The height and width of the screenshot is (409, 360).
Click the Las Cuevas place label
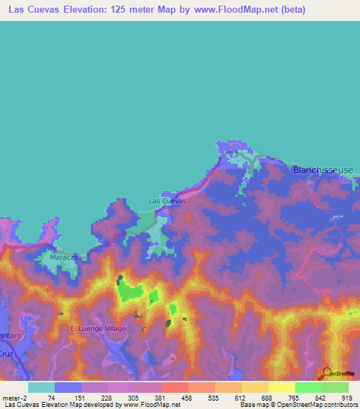[x=167, y=201]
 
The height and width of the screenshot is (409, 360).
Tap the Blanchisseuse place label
[x=323, y=170]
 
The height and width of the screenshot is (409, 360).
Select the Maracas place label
[x=63, y=258]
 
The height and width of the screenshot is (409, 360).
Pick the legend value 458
[x=186, y=397]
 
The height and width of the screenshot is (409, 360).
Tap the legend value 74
[x=51, y=397]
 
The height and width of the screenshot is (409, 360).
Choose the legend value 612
[x=240, y=397]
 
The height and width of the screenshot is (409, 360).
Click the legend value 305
[x=132, y=397]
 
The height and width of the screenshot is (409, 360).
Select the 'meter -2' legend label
[x=15, y=397]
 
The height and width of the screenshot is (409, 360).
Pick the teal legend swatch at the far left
[x=41, y=387]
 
